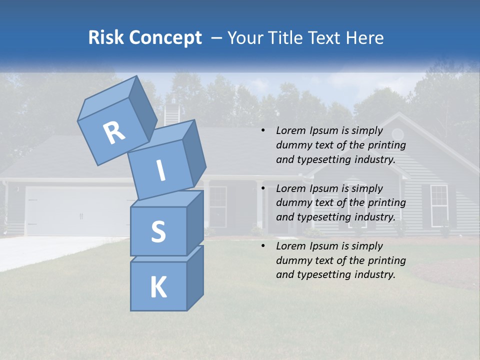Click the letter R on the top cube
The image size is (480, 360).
pos(114,133)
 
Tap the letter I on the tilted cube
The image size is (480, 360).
pos(161,171)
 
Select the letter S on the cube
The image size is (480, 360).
pos(158,231)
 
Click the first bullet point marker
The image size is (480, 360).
pos(263,131)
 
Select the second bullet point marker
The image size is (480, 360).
pos(263,188)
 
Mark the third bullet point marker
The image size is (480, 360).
pos(263,246)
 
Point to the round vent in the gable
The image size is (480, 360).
pos(397,133)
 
